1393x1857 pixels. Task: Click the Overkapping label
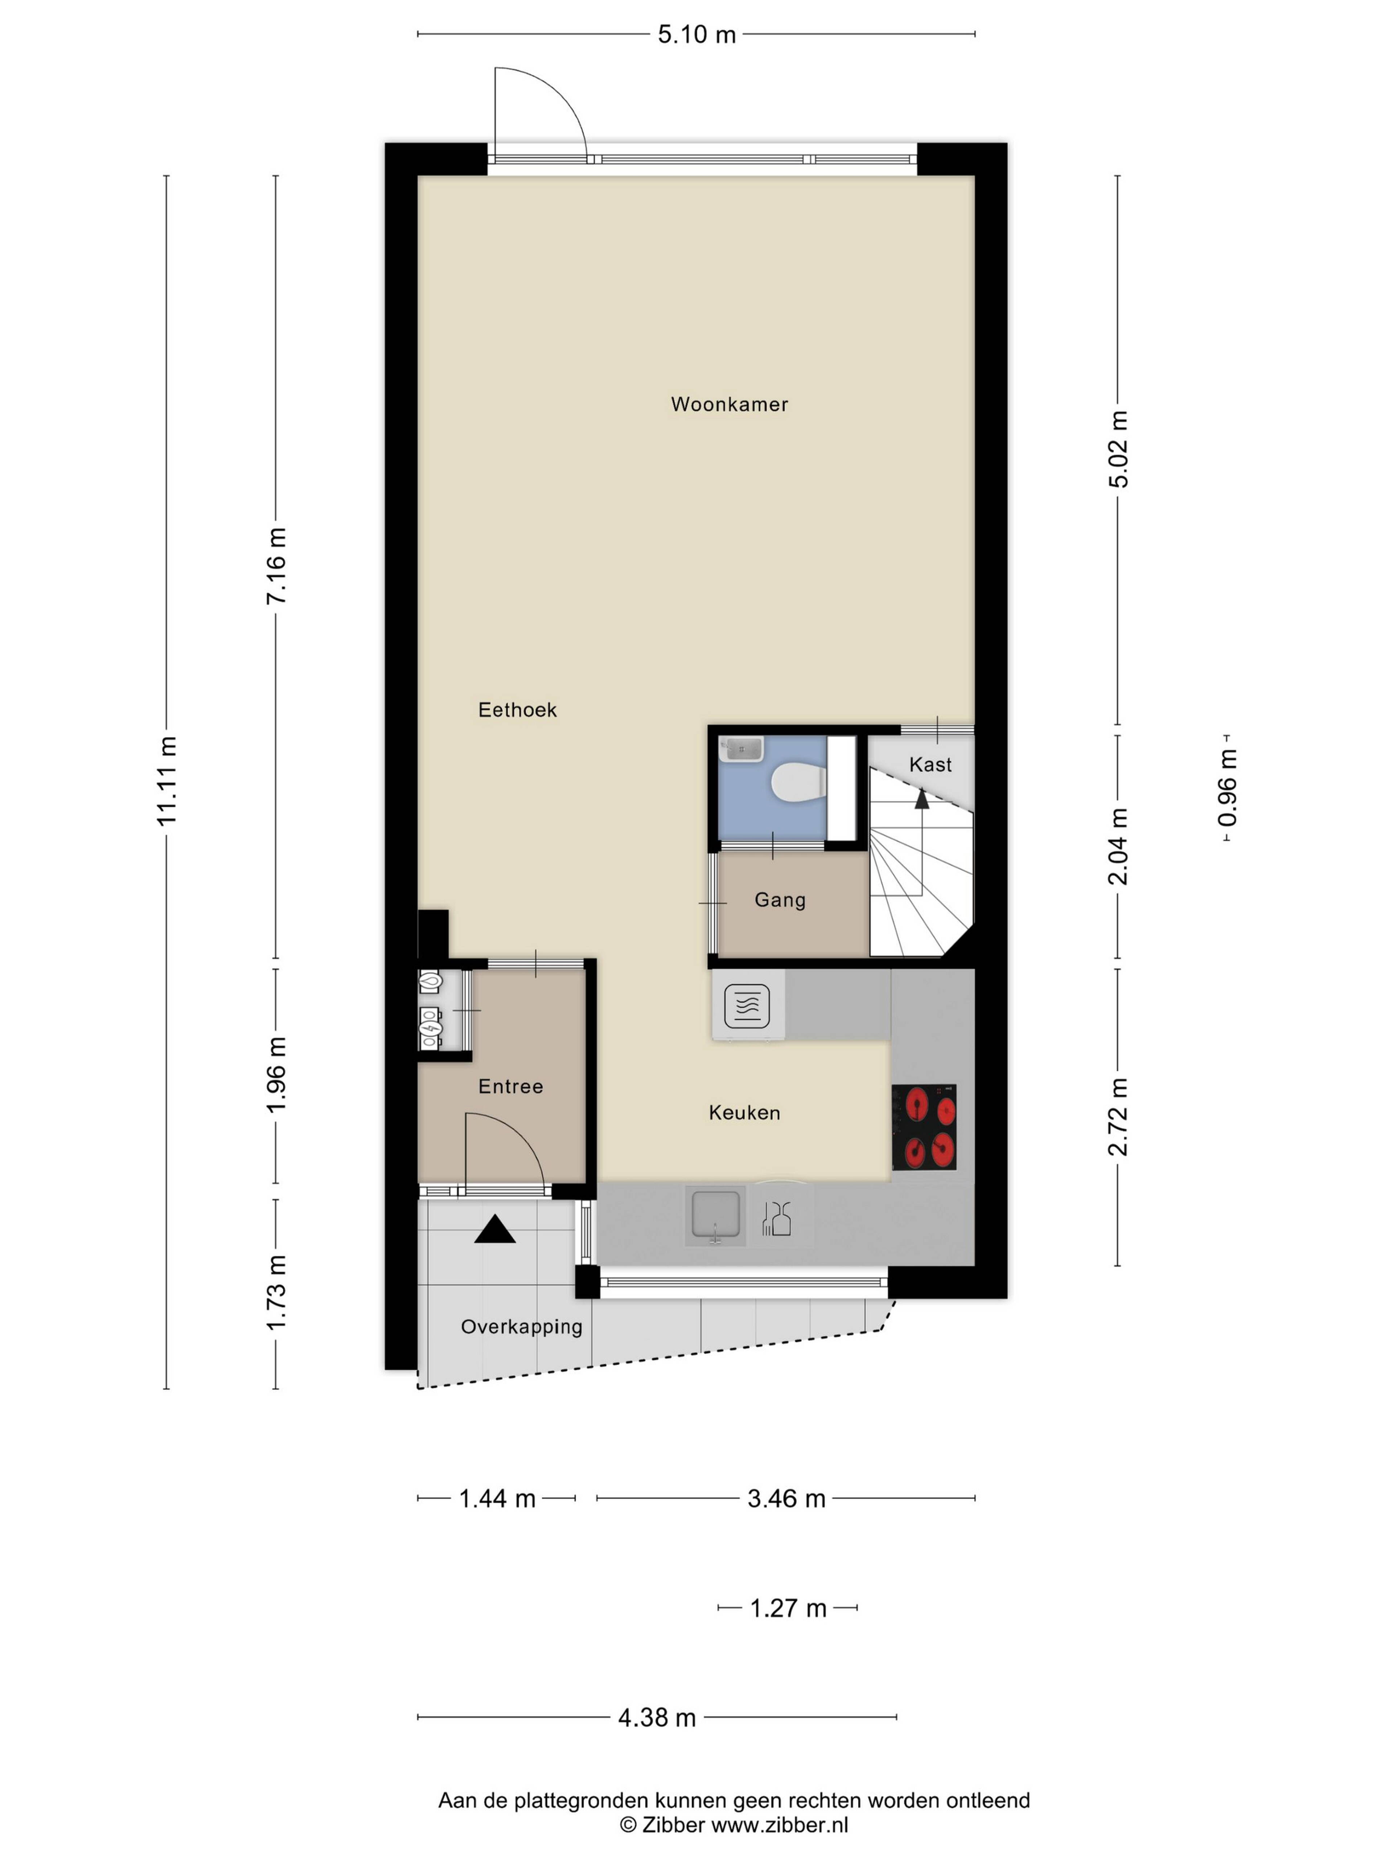click(521, 1327)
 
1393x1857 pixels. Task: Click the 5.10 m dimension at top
click(696, 34)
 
